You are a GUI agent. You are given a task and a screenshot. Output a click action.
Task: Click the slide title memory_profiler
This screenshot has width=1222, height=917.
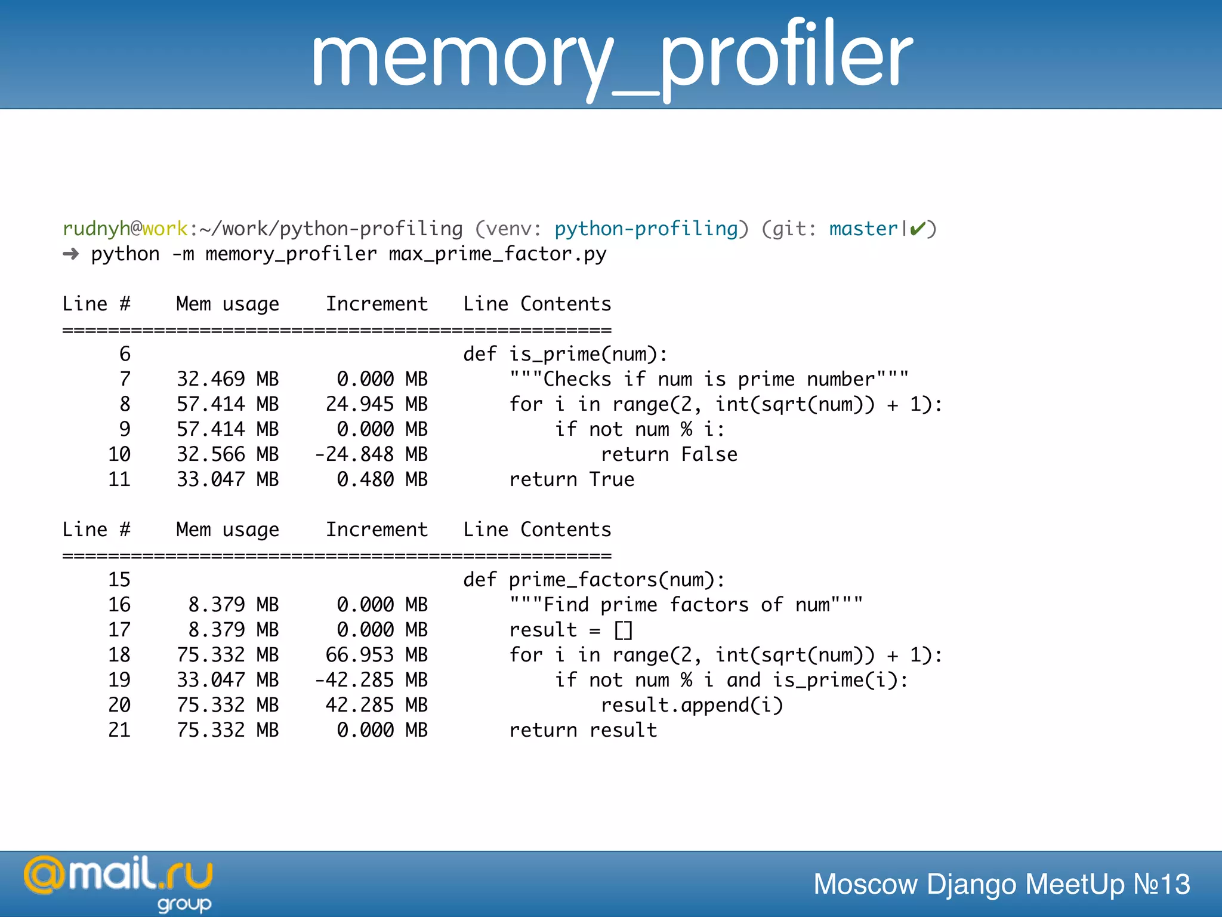611,57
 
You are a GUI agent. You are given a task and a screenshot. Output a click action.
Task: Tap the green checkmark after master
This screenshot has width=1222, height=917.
918,229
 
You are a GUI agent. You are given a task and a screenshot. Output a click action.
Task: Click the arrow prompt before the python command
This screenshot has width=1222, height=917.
71,254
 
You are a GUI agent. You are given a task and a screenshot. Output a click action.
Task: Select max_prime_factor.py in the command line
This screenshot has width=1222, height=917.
497,254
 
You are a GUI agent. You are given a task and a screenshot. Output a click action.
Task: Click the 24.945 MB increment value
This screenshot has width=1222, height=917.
377,404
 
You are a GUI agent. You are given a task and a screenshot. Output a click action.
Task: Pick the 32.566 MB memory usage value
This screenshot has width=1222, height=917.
227,454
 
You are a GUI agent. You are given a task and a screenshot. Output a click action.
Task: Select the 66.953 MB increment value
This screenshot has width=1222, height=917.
377,655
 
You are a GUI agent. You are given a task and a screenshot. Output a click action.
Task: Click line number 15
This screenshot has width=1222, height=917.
119,580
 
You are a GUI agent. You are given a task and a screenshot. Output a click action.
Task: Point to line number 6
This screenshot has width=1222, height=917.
125,354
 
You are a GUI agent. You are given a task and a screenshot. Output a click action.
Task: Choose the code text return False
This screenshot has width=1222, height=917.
669,454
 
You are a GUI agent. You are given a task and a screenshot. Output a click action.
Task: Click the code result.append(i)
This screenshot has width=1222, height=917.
692,705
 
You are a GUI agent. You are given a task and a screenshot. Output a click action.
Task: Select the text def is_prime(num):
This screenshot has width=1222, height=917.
565,354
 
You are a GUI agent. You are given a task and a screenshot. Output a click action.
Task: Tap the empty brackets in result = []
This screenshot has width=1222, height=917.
623,630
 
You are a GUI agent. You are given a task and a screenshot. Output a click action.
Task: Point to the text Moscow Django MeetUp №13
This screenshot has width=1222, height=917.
1001,884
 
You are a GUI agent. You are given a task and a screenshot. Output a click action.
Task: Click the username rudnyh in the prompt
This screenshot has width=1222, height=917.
96,229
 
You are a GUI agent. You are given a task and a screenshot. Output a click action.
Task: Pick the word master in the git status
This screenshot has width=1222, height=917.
863,229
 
